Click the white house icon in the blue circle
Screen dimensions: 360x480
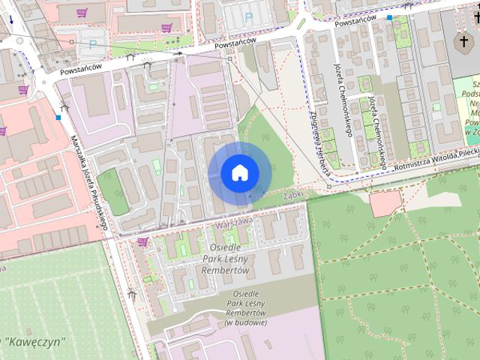(239, 173)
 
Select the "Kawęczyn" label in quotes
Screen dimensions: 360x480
(34, 341)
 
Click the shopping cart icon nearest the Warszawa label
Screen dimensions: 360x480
(142, 241)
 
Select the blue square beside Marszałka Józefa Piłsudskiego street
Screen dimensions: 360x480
(58, 117)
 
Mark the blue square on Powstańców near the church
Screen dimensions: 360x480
(389, 16)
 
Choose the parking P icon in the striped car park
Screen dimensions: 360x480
(248, 16)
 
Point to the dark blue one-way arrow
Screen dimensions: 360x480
(10, 20)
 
